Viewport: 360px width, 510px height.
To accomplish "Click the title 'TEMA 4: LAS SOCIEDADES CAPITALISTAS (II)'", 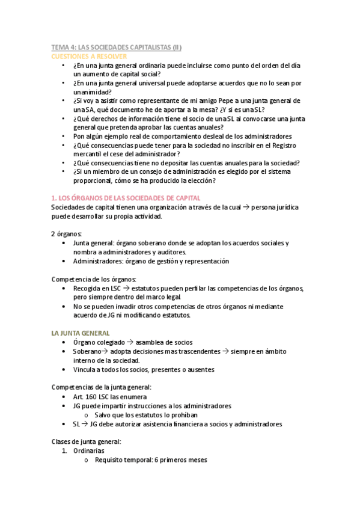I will (x=116, y=47).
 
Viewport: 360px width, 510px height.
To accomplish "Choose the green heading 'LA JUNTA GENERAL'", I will (x=80, y=333).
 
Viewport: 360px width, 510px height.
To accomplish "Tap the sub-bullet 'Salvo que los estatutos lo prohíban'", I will (x=145, y=414).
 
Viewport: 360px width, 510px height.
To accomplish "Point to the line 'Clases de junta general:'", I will (x=87, y=441).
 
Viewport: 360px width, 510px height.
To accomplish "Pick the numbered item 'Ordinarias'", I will (x=88, y=450).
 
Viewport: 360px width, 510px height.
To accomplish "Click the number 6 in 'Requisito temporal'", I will (x=155, y=460).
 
